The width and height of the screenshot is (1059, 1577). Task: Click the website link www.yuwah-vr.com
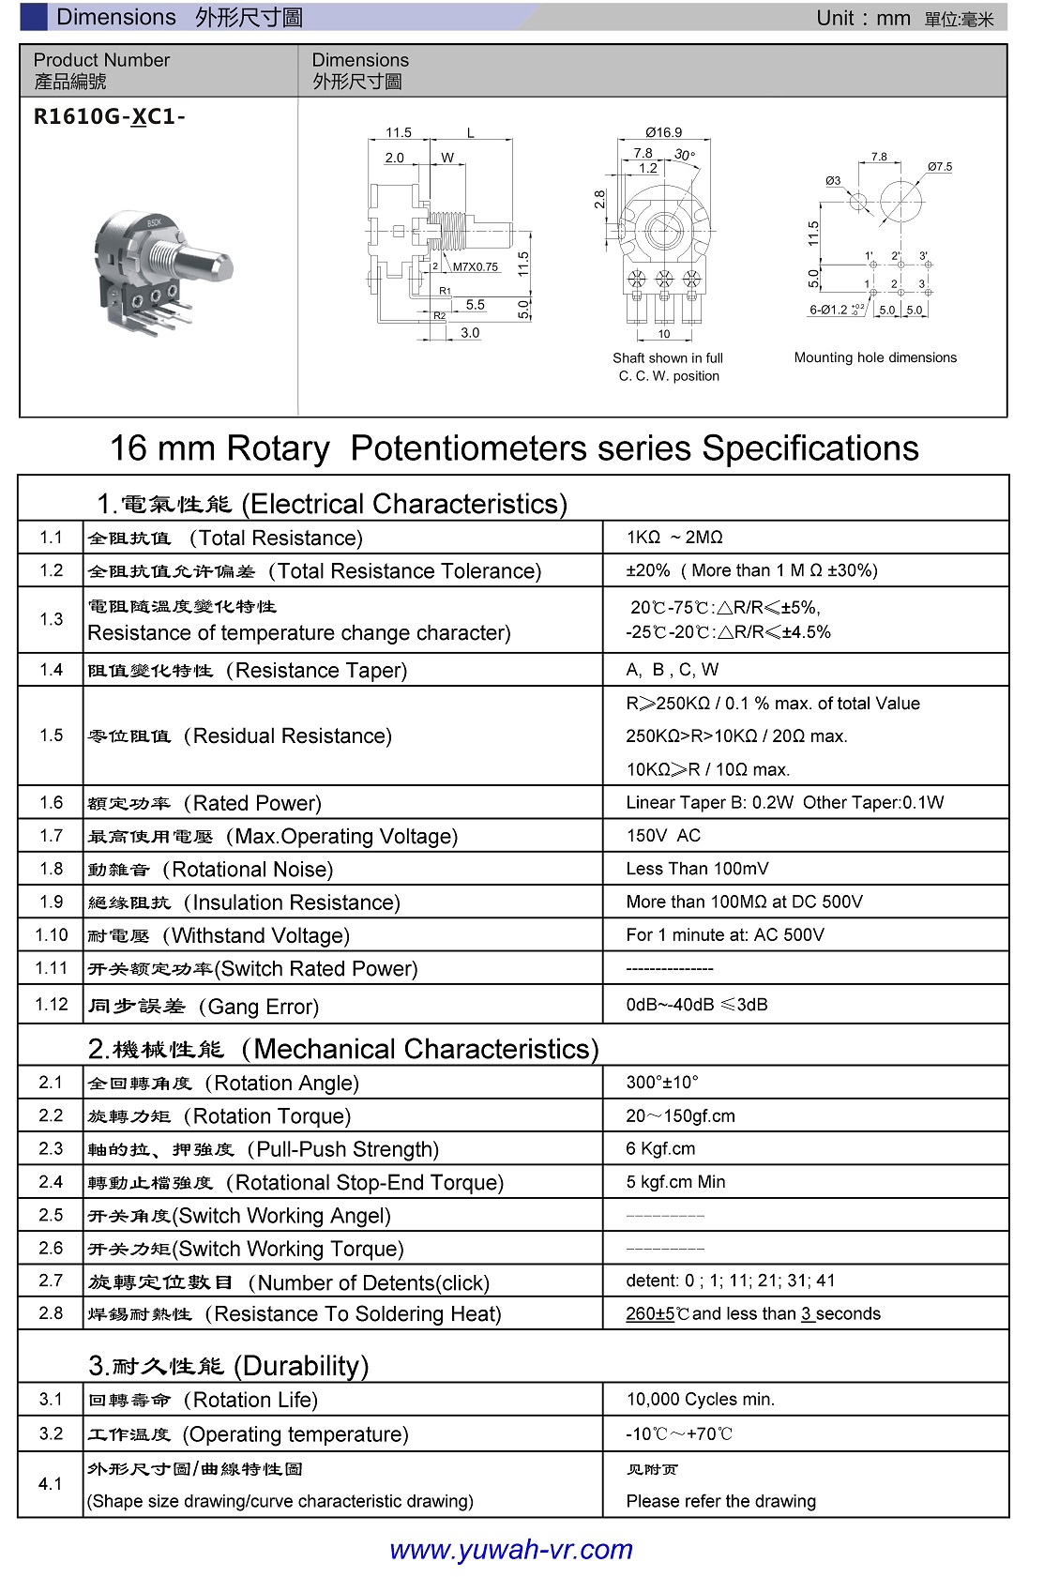pyautogui.click(x=511, y=1549)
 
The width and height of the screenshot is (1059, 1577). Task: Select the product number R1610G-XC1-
pyautogui.click(x=110, y=117)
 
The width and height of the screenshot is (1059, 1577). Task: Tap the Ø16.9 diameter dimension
pyautogui.click(x=663, y=132)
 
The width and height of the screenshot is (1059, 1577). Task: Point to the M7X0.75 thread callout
pyautogui.click(x=476, y=266)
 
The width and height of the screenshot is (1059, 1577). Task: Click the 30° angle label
pyautogui.click(x=685, y=155)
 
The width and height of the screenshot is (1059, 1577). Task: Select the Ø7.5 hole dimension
pyautogui.click(x=939, y=167)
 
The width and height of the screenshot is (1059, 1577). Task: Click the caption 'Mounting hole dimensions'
pyautogui.click(x=875, y=357)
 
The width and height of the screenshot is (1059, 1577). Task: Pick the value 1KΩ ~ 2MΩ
pyautogui.click(x=674, y=538)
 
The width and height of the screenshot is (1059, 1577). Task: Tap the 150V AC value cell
pyautogui.click(x=663, y=836)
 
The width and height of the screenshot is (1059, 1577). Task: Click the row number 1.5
pyautogui.click(x=52, y=735)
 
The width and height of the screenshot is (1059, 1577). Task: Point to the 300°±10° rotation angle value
pyautogui.click(x=662, y=1083)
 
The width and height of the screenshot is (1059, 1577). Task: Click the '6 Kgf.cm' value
pyautogui.click(x=660, y=1148)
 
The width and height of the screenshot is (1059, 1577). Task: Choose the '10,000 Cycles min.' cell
pyautogui.click(x=701, y=1400)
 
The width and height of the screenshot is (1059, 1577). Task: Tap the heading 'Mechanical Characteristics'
pyautogui.click(x=425, y=1049)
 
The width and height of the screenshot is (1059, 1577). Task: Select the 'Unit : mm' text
pyautogui.click(x=863, y=18)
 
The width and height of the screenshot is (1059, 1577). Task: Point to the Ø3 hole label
pyautogui.click(x=833, y=181)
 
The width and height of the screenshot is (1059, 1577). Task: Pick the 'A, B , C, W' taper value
pyautogui.click(x=672, y=670)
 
